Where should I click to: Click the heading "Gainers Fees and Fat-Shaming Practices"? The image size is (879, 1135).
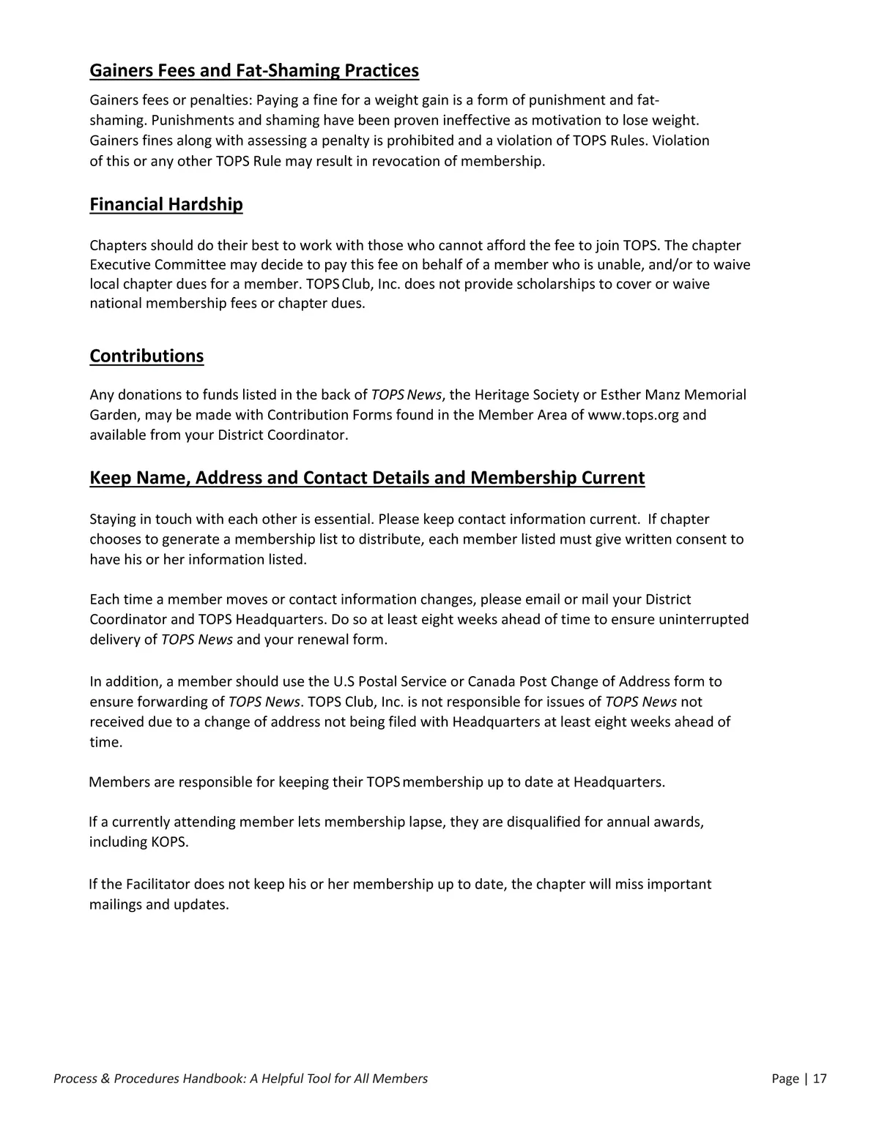pos(254,71)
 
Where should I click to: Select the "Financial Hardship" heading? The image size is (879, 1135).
pos(166,204)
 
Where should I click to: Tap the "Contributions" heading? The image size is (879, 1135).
pos(146,356)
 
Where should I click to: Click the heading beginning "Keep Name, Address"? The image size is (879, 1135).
pos(367,478)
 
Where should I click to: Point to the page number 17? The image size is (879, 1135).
pos(820,1079)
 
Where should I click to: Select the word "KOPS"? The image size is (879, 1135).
pos(168,842)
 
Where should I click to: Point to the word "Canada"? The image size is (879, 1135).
pos(491,682)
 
